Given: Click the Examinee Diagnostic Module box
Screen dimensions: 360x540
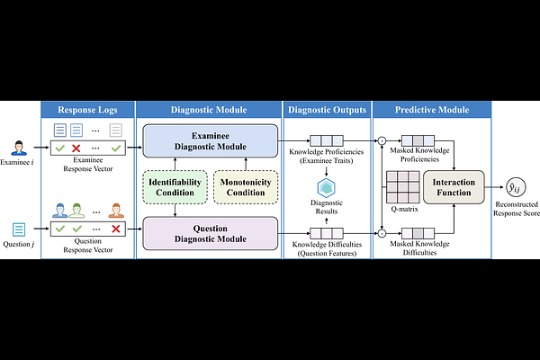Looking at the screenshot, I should tap(208, 140).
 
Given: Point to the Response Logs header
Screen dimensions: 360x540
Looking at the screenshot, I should tap(88, 111).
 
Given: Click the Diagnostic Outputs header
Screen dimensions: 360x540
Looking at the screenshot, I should tap(326, 111).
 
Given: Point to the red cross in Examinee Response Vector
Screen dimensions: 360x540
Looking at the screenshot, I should tap(76, 148).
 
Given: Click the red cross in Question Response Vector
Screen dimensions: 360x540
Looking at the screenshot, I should tap(115, 229).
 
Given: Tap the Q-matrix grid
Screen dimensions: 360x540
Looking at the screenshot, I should tap(400, 186).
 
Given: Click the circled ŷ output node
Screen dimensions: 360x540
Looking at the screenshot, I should tap(514, 186).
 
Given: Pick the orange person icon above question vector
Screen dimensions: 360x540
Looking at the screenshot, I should tap(115, 212).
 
